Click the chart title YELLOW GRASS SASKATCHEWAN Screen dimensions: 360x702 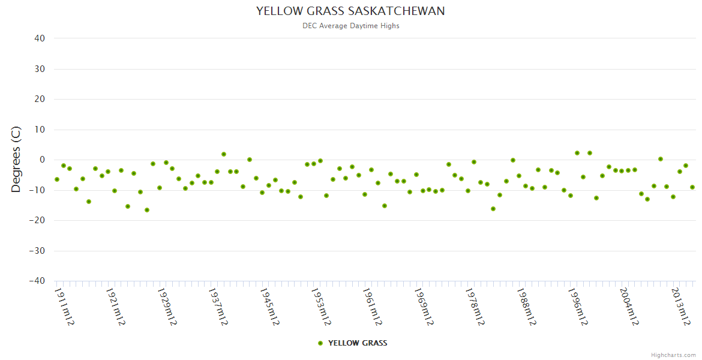[x=350, y=11]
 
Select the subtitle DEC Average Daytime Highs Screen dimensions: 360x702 [x=350, y=26]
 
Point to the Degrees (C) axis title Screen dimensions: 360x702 [x=16, y=160]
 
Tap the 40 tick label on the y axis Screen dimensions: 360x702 [x=40, y=38]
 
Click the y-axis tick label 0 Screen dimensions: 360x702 [x=43, y=160]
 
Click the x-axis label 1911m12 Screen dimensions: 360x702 [x=64, y=307]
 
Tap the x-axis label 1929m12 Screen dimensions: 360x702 [x=167, y=307]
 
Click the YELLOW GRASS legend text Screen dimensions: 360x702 [x=358, y=343]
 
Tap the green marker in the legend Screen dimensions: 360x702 [x=320, y=343]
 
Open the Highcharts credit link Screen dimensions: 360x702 [x=673, y=355]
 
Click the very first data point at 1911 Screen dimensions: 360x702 [x=57, y=179]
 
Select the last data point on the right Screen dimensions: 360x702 [x=692, y=187]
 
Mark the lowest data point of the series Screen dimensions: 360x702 [x=147, y=210]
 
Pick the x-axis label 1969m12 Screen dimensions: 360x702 [x=424, y=307]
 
